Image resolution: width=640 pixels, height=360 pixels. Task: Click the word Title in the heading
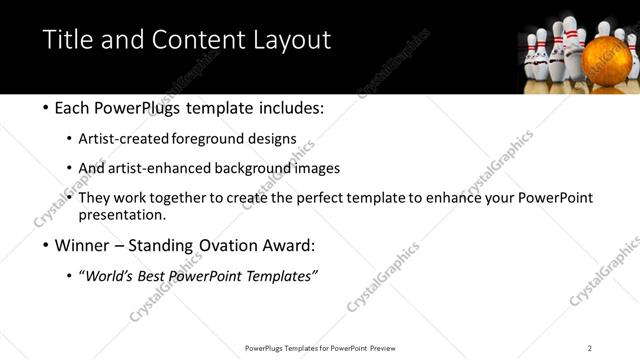pos(67,40)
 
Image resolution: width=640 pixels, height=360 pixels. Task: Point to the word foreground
pos(212,138)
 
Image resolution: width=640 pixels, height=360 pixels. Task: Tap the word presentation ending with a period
pos(122,215)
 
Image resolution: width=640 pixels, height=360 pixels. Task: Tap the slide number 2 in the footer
pos(590,348)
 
